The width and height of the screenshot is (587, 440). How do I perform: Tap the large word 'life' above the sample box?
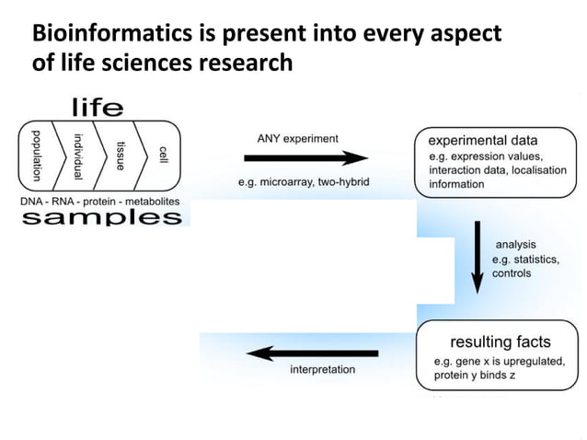coord(98,109)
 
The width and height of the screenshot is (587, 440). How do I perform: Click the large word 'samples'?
coord(100,217)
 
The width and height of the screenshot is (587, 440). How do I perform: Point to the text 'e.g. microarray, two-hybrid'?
coord(303,182)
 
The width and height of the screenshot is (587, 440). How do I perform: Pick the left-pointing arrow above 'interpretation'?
coord(313,353)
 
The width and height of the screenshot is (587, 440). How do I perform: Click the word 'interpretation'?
coord(322,370)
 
